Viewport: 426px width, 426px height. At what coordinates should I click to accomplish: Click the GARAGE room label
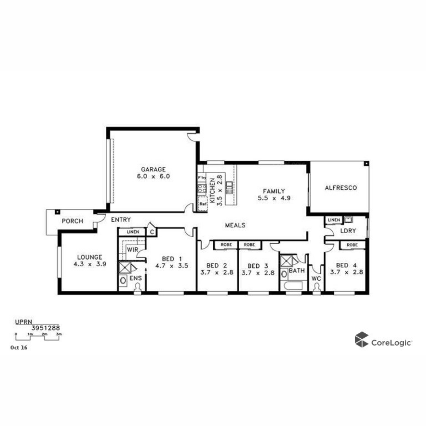(x=153, y=170)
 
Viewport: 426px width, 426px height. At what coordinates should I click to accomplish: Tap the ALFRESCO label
(x=341, y=188)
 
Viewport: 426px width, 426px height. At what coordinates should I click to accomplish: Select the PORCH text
(x=72, y=221)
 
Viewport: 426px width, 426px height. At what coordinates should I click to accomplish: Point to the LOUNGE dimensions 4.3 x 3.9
(x=90, y=264)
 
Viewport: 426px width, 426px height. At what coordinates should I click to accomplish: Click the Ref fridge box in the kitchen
(x=203, y=204)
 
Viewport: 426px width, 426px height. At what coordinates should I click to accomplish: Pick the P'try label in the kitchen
(x=202, y=177)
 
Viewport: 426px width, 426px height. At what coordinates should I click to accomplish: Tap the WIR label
(x=133, y=250)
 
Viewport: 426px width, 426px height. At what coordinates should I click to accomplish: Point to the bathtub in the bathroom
(x=293, y=286)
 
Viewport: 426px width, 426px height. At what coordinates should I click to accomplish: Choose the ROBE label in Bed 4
(x=352, y=245)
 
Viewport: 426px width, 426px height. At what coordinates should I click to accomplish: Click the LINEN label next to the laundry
(x=334, y=220)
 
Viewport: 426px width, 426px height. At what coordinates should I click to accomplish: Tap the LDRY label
(x=348, y=231)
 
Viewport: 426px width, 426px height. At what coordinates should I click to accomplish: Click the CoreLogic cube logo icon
(x=361, y=339)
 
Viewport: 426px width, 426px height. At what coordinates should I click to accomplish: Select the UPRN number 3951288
(x=46, y=328)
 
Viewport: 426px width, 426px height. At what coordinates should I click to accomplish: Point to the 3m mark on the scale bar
(x=59, y=334)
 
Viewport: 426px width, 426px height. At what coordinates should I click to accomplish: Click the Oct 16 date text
(x=19, y=348)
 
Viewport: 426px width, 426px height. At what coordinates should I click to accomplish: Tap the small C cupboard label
(x=152, y=232)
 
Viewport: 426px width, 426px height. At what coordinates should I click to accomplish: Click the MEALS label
(x=235, y=225)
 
